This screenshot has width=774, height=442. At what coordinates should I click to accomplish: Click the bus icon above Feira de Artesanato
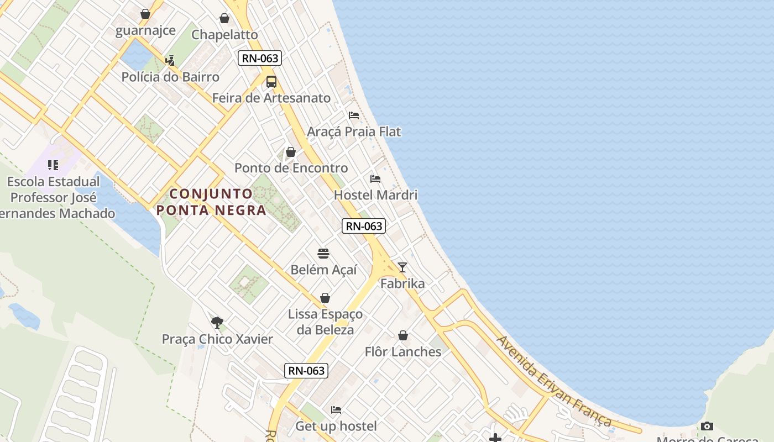click(x=271, y=82)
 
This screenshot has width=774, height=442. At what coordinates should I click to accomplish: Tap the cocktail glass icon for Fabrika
click(x=402, y=267)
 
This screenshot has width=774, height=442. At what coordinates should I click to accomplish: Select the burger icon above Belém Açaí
click(x=323, y=254)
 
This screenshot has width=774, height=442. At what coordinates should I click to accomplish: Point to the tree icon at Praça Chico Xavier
click(x=217, y=323)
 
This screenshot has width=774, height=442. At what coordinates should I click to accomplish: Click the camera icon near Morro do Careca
click(x=707, y=426)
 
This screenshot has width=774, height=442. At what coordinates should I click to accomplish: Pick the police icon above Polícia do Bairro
click(x=170, y=60)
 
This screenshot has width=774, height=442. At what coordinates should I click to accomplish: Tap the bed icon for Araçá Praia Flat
click(x=354, y=115)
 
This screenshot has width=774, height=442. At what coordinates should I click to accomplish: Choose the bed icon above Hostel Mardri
click(x=375, y=179)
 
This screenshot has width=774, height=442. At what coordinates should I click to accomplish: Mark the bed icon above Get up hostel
click(x=336, y=410)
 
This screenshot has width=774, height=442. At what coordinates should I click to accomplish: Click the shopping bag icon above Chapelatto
click(x=224, y=18)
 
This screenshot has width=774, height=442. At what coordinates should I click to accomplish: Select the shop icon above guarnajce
click(x=145, y=14)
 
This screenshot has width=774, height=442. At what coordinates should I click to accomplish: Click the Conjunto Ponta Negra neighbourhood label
click(x=211, y=202)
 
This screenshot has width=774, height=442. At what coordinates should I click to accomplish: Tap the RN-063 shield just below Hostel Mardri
click(x=363, y=226)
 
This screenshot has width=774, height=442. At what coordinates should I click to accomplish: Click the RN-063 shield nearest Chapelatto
click(x=260, y=58)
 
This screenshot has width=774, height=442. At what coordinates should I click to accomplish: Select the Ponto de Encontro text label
click(x=291, y=168)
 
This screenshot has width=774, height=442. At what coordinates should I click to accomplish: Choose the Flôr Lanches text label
click(x=403, y=352)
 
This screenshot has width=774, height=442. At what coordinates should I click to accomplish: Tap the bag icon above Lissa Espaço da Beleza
click(x=325, y=298)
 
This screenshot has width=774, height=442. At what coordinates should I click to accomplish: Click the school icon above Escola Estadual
click(x=53, y=165)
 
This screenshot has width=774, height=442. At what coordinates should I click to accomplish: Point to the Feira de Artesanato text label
click(x=271, y=98)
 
